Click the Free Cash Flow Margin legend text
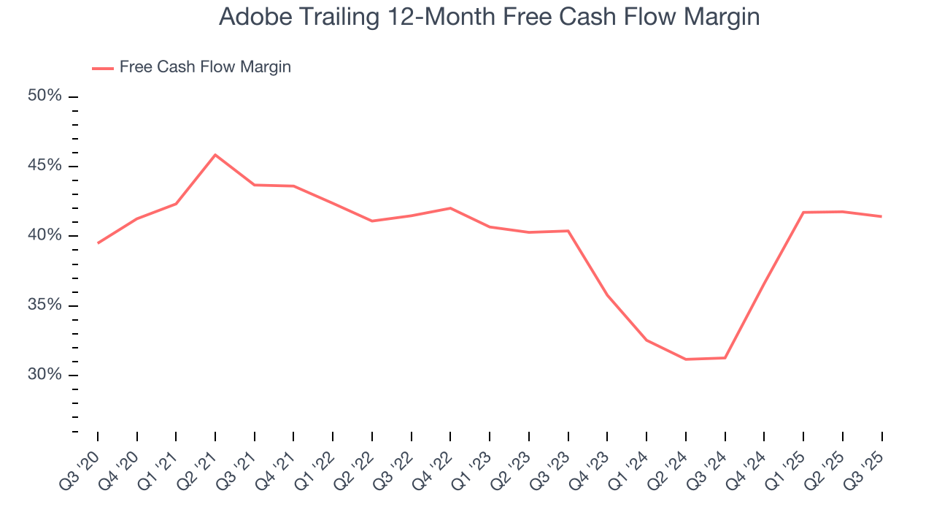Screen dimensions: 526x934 point(205,67)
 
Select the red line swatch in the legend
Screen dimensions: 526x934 point(103,68)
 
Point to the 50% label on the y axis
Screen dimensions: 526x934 point(45,96)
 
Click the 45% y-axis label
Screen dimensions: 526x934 point(45,166)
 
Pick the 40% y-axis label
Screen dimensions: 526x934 point(45,235)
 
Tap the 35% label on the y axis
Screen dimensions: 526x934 point(45,305)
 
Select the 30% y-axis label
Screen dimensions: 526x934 point(45,375)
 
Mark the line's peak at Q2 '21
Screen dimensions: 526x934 point(215,155)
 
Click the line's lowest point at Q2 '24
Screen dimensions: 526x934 point(686,359)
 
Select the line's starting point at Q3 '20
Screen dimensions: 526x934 point(98,243)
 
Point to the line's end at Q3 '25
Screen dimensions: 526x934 point(881,216)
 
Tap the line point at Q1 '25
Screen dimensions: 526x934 point(803,213)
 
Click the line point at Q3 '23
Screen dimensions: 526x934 point(568,231)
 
